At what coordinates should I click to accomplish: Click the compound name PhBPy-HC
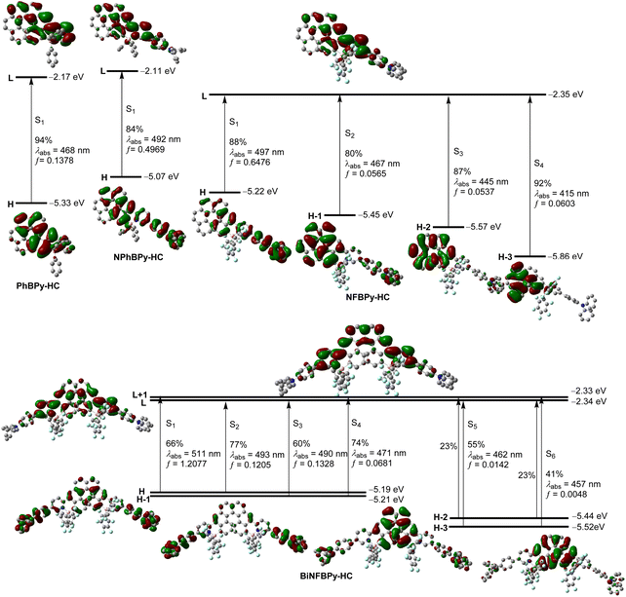(38, 286)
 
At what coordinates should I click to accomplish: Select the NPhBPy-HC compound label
(138, 257)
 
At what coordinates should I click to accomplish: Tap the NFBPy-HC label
(368, 297)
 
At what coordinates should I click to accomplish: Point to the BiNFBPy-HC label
(326, 576)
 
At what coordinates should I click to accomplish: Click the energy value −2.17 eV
(66, 77)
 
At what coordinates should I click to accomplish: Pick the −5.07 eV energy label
(161, 176)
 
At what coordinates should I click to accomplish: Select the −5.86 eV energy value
(565, 256)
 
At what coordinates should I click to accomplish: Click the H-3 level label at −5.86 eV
(505, 257)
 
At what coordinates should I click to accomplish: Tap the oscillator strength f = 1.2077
(186, 464)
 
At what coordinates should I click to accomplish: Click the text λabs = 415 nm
(562, 194)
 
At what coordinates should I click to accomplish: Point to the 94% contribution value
(43, 140)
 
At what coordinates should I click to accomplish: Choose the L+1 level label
(139, 394)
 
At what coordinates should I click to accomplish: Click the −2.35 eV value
(566, 94)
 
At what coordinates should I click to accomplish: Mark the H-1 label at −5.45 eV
(315, 216)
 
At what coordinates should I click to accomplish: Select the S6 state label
(551, 454)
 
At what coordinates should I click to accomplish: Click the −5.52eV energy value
(589, 527)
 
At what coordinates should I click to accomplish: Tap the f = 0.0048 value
(567, 494)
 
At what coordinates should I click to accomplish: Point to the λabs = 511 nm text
(193, 454)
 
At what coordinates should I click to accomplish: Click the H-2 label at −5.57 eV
(423, 227)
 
